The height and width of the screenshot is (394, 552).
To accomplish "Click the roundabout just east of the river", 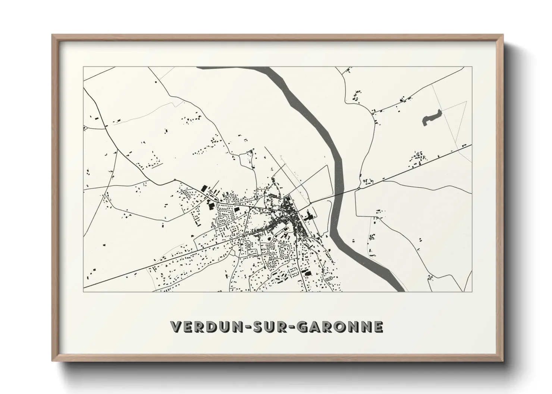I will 358,189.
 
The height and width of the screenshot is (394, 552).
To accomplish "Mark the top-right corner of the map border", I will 472,67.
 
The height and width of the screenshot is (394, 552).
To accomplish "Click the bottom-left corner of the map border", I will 84,292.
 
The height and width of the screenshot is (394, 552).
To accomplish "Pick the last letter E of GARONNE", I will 378,327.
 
